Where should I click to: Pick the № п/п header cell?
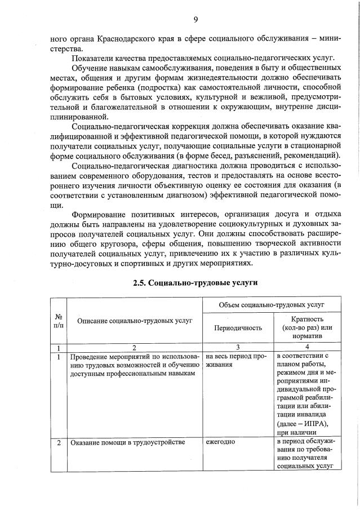pyautogui.click(x=59, y=321)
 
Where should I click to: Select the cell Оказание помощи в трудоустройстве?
pyautogui.click(x=127, y=442)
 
